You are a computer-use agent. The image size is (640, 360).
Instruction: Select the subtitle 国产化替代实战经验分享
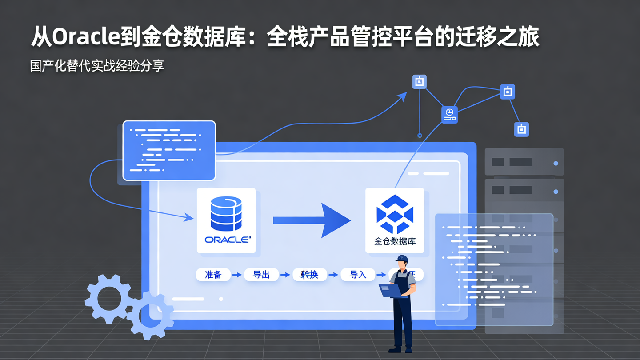point(97,66)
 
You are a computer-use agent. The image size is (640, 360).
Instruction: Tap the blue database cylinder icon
point(226,213)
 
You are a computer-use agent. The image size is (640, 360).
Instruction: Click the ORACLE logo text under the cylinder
point(227,240)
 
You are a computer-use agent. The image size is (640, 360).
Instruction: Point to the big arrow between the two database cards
point(311,220)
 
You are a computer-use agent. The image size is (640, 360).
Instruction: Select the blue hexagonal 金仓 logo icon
point(395,214)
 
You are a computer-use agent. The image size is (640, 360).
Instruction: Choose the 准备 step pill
point(213,275)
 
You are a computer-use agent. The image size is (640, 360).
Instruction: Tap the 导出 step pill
point(261,275)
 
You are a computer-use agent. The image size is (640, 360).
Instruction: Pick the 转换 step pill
point(310,275)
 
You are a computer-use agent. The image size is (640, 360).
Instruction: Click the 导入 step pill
point(358,275)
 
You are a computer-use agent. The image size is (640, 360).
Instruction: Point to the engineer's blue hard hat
point(402,259)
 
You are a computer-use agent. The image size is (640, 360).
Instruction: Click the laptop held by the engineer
point(390,290)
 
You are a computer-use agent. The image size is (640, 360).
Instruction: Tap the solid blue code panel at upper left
point(169,150)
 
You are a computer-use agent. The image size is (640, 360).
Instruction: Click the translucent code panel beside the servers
point(494,269)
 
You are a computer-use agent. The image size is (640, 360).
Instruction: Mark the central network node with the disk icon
point(449,115)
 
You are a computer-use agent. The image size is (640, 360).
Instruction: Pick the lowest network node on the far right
point(521,129)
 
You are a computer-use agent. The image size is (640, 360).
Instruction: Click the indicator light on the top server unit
point(556,163)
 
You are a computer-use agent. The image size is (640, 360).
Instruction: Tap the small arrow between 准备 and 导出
point(237,275)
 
